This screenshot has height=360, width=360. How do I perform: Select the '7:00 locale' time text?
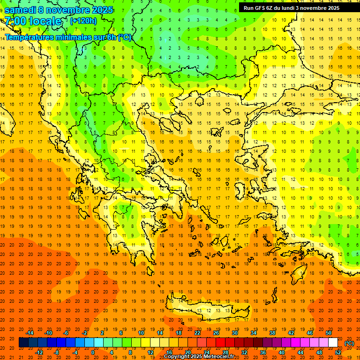(33, 21)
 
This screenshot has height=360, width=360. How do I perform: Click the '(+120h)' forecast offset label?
(83, 21)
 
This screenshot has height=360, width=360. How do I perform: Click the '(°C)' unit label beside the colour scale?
(349, 343)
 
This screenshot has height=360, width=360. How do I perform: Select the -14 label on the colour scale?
(30, 333)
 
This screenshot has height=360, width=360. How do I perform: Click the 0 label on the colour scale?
(93, 352)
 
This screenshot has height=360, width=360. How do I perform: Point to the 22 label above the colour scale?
(197, 333)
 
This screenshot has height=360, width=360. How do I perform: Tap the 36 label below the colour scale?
(262, 352)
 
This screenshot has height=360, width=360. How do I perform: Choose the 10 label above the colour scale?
(141, 333)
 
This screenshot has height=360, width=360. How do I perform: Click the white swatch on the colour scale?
(333, 343)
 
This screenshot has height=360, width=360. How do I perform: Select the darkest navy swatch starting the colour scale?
(23, 343)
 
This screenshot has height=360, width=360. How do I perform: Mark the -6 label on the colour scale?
(66, 333)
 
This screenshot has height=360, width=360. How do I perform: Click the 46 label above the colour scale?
(309, 333)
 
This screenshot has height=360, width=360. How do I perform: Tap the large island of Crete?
(206, 309)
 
